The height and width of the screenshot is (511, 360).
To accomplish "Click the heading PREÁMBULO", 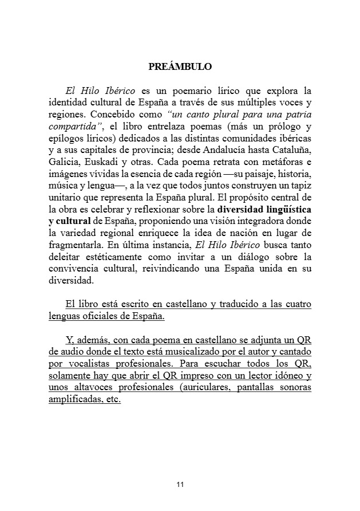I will point(180,66).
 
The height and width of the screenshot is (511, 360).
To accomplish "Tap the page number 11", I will point(180,485).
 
